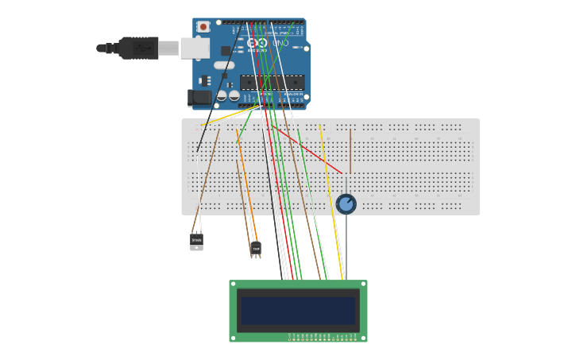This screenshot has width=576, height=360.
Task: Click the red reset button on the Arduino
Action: coord(203,26)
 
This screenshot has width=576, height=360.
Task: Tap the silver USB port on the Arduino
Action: coord(194,48)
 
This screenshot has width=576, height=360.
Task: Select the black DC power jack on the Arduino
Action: coord(199,98)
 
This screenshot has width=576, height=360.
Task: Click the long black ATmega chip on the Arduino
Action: coord(272,82)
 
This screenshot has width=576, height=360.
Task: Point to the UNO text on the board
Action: coord(280,43)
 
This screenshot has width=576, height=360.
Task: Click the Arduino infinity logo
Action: coord(257,43)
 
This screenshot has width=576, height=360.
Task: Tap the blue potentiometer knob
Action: coord(346,204)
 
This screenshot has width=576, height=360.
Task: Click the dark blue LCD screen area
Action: coord(298,310)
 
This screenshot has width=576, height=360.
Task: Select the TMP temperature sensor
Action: coord(255,249)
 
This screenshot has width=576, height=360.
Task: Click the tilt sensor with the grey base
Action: coord(196,241)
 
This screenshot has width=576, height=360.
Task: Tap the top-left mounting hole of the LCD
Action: coord(233,283)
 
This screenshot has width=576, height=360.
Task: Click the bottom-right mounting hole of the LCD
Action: coord(364,339)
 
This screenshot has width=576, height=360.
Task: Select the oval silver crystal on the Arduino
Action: coord(224,65)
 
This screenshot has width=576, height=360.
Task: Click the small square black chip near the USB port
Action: coord(226,50)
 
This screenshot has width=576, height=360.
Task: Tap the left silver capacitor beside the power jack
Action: coord(222,95)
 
